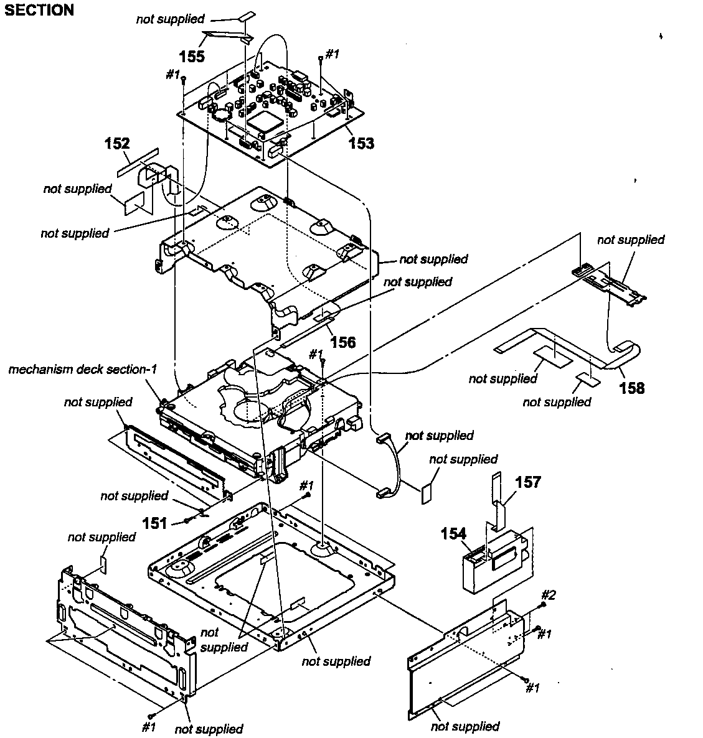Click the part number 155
(x=192, y=56)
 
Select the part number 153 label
(x=361, y=143)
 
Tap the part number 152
(x=117, y=144)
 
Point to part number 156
(x=343, y=342)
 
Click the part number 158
(x=631, y=388)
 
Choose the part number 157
(x=528, y=482)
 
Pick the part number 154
(x=455, y=533)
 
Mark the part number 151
(x=154, y=523)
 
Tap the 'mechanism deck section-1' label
(x=82, y=370)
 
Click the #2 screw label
(x=548, y=594)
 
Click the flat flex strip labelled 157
(x=498, y=498)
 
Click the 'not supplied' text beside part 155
(x=170, y=19)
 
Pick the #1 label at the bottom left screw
(x=148, y=726)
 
